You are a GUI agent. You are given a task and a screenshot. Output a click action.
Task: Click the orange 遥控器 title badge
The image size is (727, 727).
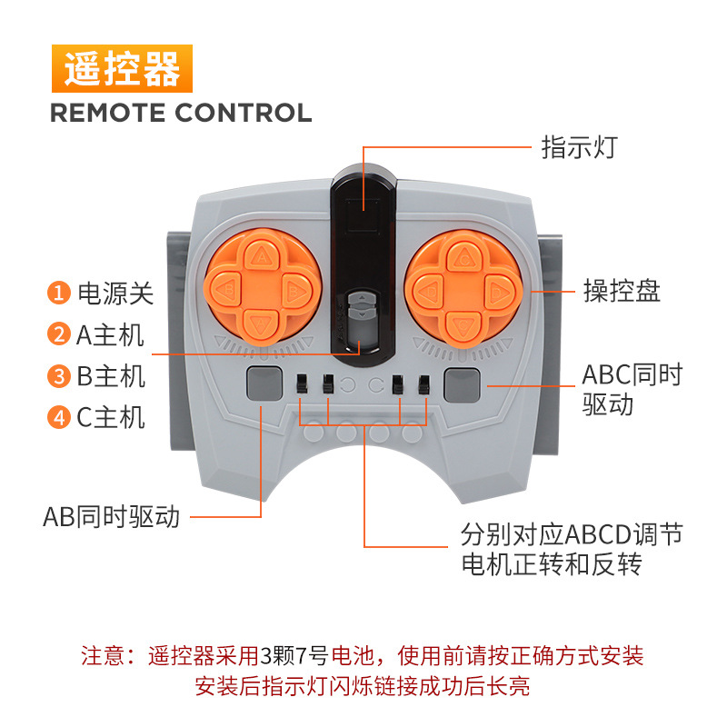point(122,69)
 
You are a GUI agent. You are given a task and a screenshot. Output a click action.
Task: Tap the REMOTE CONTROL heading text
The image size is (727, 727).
point(180,114)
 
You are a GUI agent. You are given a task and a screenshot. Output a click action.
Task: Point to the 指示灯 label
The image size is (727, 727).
point(578,147)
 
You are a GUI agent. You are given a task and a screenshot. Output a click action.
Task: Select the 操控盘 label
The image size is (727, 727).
point(622,292)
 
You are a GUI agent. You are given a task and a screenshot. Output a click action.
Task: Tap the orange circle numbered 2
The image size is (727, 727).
point(59,334)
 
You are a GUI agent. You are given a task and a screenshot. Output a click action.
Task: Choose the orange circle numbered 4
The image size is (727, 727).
point(59,418)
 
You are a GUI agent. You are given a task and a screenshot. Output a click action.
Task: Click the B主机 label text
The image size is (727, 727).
point(110,376)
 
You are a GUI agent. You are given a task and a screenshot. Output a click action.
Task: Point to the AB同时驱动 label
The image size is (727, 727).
point(111,517)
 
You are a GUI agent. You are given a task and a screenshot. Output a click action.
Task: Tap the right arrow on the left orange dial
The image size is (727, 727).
point(293,292)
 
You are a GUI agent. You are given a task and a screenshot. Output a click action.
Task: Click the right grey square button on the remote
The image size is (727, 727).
point(462,385)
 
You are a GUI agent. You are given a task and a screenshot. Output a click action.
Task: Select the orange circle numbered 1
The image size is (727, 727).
point(59,294)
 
